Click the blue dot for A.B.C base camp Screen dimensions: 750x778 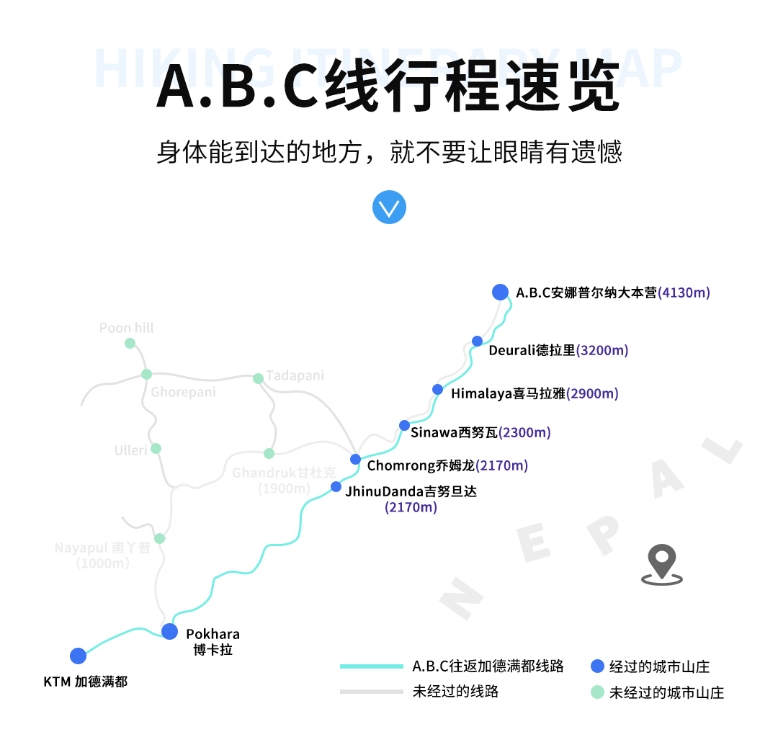[500, 292]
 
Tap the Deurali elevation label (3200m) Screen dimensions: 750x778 [602, 351]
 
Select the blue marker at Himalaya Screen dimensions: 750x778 [438, 390]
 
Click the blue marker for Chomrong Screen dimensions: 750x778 [355, 459]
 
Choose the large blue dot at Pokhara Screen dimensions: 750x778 [169, 632]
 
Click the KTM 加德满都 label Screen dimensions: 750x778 [86, 682]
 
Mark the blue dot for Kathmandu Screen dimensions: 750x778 [79, 656]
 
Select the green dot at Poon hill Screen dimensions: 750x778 [130, 343]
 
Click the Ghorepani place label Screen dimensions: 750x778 [183, 393]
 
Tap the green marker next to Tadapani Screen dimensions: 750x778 [258, 378]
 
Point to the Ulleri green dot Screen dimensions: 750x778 [156, 448]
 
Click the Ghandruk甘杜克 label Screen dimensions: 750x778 [284, 473]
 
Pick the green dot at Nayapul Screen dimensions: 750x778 [159, 538]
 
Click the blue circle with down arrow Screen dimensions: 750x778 [389, 207]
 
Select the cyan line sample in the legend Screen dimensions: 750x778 [371, 666]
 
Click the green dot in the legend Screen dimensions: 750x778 [596, 692]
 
